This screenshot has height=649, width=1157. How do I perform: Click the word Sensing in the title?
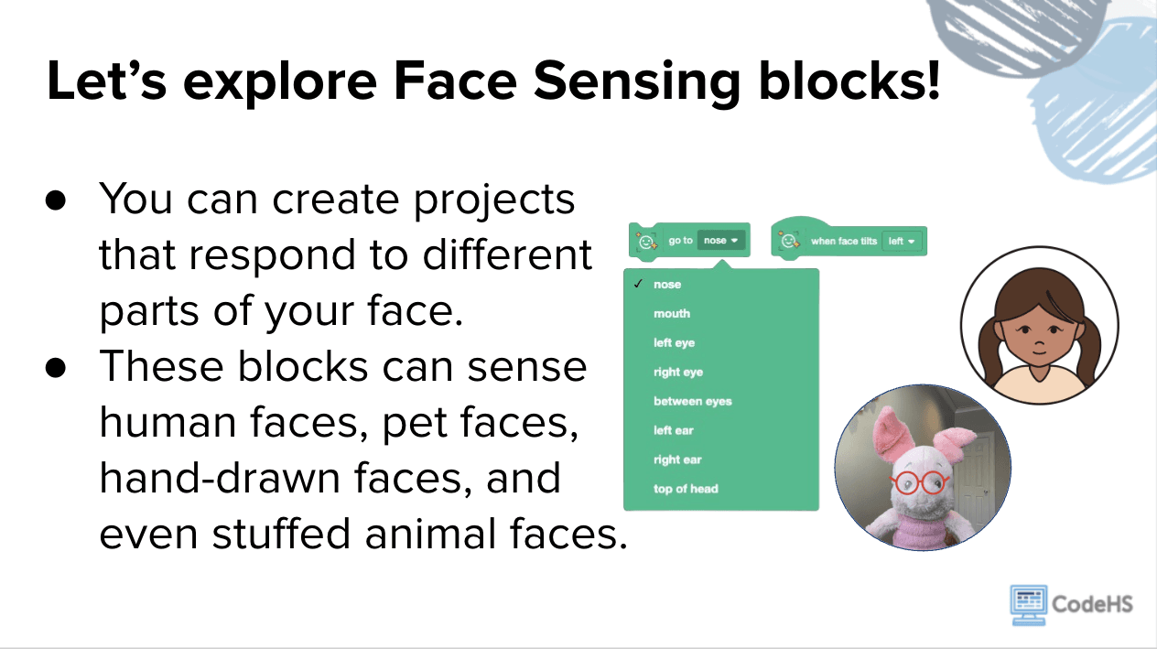pyautogui.click(x=637, y=82)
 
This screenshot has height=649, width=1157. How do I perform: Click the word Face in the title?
pyautogui.click(x=455, y=81)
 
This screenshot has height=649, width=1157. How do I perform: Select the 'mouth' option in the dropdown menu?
pyautogui.click(x=672, y=314)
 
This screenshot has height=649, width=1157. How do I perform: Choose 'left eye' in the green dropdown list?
pyautogui.click(x=674, y=343)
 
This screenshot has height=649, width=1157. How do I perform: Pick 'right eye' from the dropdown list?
pyautogui.click(x=678, y=373)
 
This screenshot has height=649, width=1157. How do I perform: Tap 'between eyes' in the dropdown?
pyautogui.click(x=693, y=402)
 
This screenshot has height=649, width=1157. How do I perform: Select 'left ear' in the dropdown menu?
pyautogui.click(x=674, y=430)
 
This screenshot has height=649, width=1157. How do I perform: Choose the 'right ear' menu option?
pyautogui.click(x=677, y=460)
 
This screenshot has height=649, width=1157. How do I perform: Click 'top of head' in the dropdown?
pyautogui.click(x=686, y=489)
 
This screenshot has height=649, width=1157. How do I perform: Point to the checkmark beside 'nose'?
pyautogui.click(x=638, y=284)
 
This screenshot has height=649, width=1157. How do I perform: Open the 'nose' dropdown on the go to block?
pyautogui.click(x=721, y=240)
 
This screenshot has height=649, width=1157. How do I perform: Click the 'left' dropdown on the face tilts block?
pyautogui.click(x=902, y=242)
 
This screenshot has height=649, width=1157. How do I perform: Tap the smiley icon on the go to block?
pyautogui.click(x=645, y=242)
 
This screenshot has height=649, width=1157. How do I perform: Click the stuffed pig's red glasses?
pyautogui.click(x=919, y=482)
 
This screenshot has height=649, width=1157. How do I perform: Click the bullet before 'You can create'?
pyautogui.click(x=56, y=200)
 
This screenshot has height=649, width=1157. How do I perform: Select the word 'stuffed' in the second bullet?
pyautogui.click(x=282, y=534)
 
